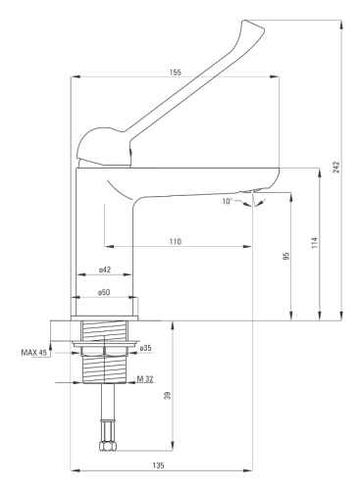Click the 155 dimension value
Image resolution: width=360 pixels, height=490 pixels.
point(176,73)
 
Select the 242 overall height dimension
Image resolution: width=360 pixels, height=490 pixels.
point(336,167)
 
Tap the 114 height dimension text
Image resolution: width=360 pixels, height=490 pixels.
point(315,243)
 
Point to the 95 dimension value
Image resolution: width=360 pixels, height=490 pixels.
point(286,256)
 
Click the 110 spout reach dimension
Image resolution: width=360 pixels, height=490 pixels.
point(176,242)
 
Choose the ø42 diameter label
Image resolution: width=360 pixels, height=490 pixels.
point(105,269)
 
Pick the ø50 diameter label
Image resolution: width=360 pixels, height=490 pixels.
point(104,292)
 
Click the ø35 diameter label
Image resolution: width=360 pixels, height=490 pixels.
point(145,348)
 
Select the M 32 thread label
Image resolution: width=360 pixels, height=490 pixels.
point(145,379)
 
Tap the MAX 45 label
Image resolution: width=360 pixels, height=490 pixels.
point(34,353)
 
